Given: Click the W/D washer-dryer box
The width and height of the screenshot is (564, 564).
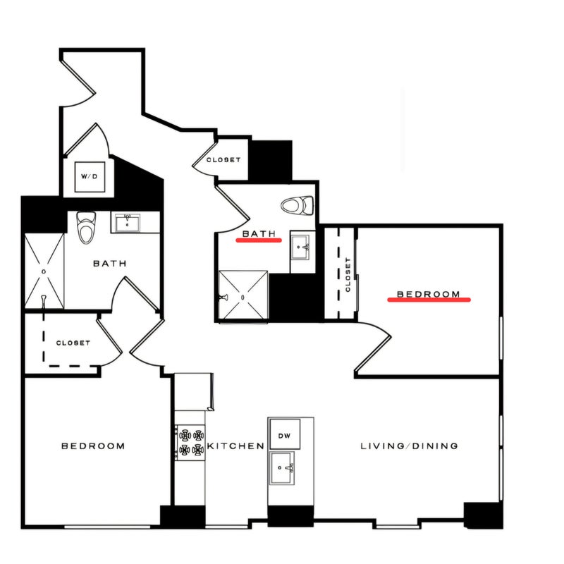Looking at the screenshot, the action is [x=90, y=177].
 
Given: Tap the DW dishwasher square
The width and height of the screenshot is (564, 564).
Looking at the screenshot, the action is [x=285, y=434].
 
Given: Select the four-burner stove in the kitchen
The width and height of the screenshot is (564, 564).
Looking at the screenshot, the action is [x=190, y=443].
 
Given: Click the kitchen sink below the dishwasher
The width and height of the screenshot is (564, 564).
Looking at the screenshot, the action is [x=283, y=468].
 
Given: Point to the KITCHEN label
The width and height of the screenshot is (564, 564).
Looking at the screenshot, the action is [x=235, y=446].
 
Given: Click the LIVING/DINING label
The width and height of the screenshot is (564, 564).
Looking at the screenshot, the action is [x=409, y=446].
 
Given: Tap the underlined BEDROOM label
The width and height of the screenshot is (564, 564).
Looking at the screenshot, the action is [x=428, y=294].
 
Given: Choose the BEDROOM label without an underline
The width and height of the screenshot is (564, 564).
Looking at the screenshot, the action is [x=93, y=446].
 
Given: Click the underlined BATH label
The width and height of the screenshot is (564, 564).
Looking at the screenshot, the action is [x=259, y=233].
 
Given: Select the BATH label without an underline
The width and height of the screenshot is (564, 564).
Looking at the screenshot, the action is [x=110, y=263].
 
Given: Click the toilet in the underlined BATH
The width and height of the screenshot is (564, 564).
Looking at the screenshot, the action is [x=297, y=206].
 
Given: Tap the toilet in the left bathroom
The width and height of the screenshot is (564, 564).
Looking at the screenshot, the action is [x=86, y=227].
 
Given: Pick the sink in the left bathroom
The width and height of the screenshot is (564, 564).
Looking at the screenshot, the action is [x=128, y=223].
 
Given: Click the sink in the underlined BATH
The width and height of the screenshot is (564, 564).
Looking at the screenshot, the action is [x=300, y=247].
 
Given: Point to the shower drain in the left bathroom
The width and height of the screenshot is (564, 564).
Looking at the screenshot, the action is [x=44, y=271].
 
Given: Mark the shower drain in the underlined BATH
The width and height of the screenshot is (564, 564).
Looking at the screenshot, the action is [x=243, y=298].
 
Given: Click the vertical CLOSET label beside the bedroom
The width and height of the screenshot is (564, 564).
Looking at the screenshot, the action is [x=348, y=274].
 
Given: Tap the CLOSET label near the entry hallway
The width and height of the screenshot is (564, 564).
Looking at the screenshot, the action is [x=223, y=160].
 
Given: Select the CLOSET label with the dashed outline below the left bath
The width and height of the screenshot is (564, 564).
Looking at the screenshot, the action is [x=73, y=343].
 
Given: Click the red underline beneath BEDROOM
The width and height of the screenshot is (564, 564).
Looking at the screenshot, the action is [x=429, y=299].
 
